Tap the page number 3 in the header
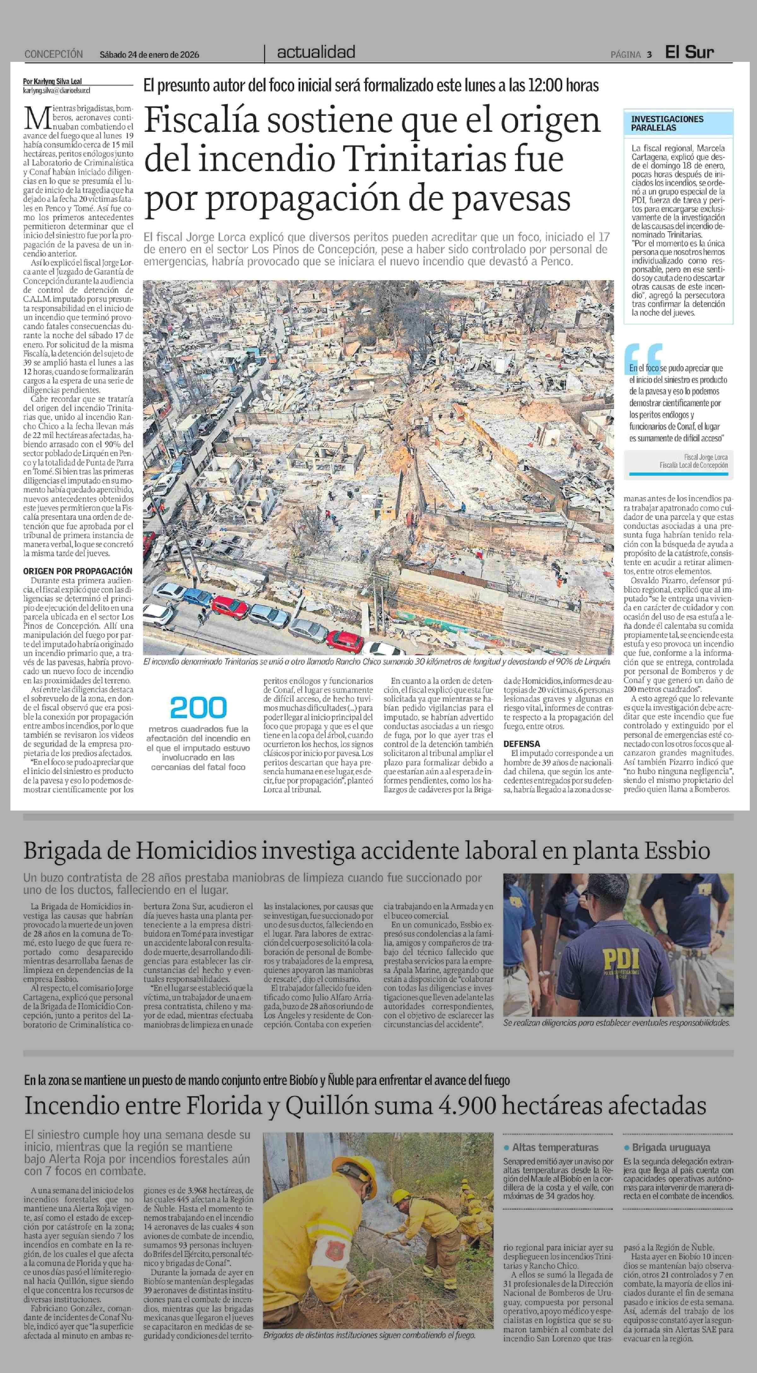click(649, 54)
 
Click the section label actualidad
click(316, 52)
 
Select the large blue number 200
click(198, 708)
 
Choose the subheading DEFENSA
click(521, 744)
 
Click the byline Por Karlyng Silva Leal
click(52, 81)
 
